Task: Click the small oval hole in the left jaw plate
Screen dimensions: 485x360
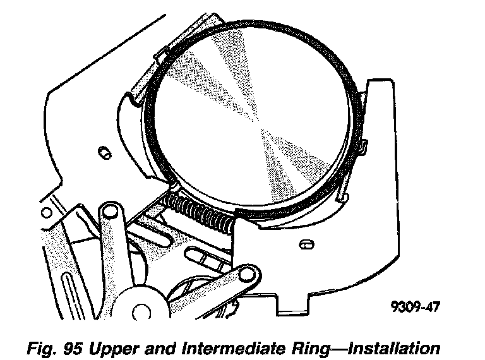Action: tap(104, 151)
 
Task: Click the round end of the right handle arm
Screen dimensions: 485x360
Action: tap(249, 273)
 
